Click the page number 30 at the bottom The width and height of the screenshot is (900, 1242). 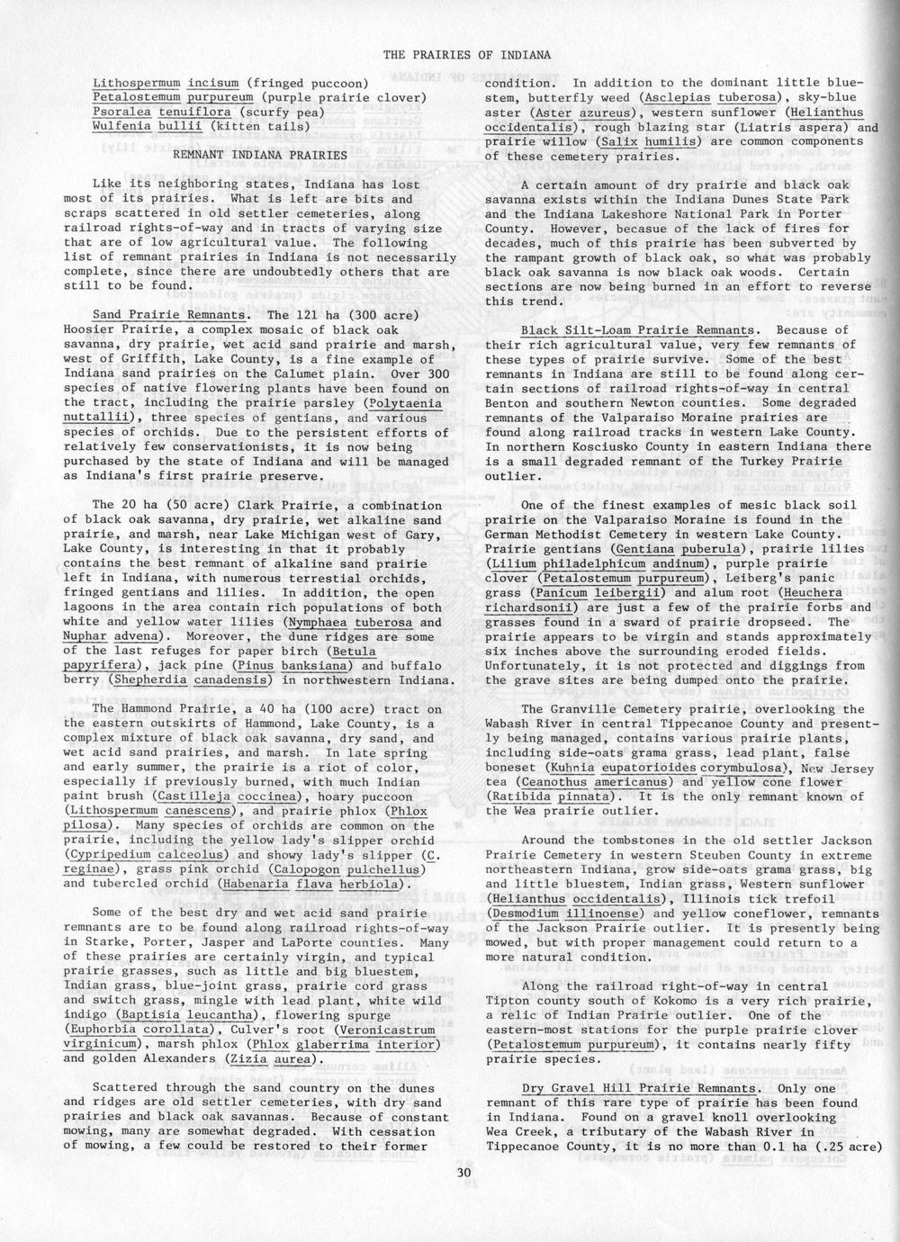pyautogui.click(x=463, y=1173)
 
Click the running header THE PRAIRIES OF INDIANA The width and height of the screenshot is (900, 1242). pyautogui.click(x=467, y=55)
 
